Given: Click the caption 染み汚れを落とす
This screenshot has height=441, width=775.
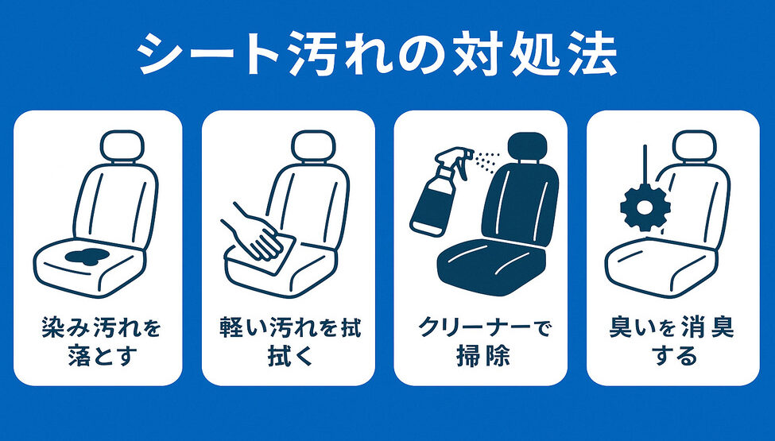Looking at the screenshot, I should [99, 341].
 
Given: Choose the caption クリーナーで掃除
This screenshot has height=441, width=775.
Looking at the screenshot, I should [482, 341].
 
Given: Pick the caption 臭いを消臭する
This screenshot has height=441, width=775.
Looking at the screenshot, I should [673, 341].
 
